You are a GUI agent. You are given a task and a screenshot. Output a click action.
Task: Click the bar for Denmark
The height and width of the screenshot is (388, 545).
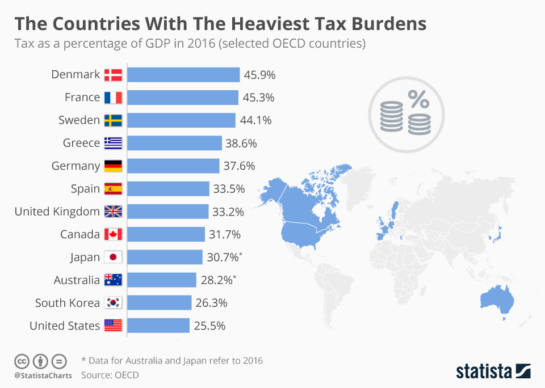point(183,74)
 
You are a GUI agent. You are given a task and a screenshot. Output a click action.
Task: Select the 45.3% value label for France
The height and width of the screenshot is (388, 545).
point(259,98)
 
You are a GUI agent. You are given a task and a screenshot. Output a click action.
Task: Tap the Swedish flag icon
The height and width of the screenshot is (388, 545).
point(113,120)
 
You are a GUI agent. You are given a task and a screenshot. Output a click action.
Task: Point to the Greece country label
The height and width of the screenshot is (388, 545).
point(81,143)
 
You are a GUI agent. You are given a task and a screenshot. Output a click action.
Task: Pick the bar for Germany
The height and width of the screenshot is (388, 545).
point(173,166)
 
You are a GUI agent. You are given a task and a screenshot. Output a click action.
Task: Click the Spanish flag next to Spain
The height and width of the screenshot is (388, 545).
point(113,189)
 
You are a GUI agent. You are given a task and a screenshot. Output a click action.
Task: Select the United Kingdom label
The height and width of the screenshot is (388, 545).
point(57,212)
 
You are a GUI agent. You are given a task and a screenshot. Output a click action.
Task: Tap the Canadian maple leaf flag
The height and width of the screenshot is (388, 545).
point(113,234)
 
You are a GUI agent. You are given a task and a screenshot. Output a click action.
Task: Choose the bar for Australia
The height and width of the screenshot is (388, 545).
point(161,280)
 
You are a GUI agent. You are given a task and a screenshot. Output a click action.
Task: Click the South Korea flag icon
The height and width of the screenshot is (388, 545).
point(113,303)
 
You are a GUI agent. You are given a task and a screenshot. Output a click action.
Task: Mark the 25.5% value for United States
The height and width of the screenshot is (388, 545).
point(210,326)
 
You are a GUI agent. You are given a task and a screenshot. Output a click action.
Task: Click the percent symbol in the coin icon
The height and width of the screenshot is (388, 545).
point(419,100)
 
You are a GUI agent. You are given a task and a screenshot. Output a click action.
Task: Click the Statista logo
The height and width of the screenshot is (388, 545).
point(493,372)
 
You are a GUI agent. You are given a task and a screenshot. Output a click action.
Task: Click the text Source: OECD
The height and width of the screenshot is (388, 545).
point(110,375)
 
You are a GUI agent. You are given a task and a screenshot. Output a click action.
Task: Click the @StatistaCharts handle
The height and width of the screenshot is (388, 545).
point(43,376)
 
